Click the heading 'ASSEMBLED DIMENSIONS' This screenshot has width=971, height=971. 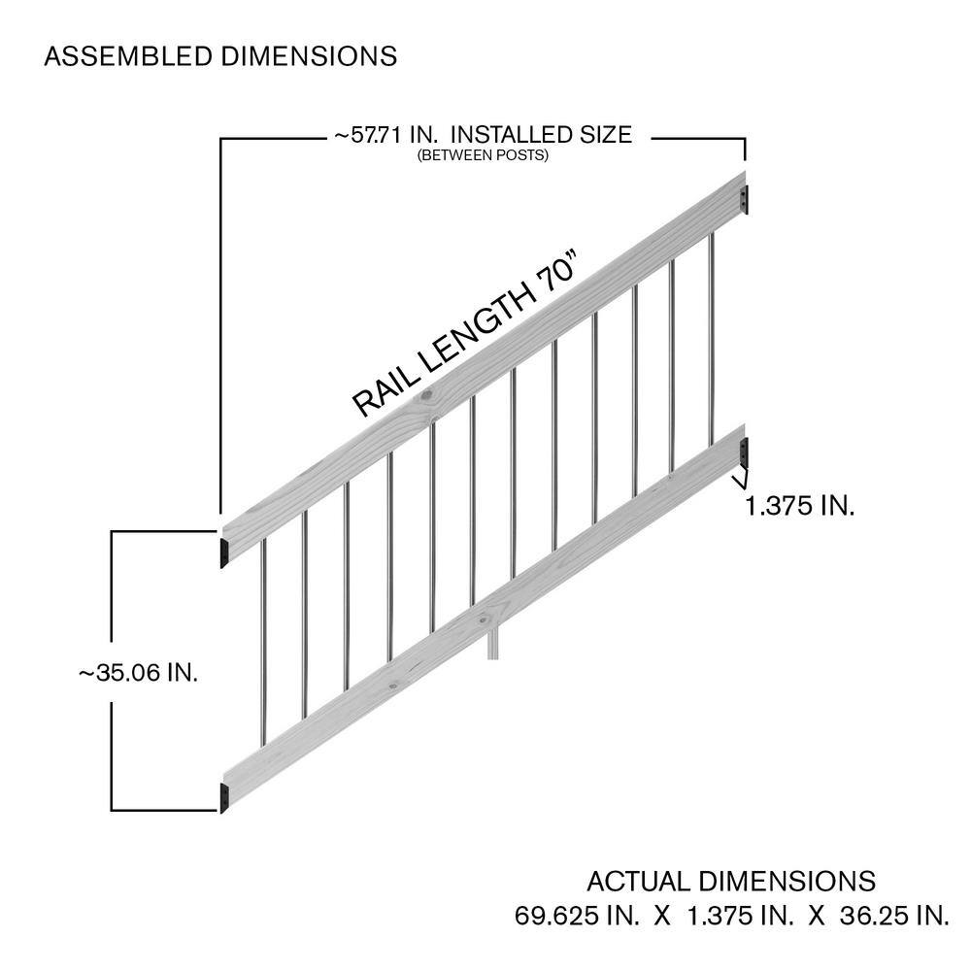click(220, 56)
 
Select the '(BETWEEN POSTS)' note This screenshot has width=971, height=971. click(483, 154)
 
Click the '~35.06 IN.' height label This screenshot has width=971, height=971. click(138, 673)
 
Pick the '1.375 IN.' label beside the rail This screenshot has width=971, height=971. click(799, 506)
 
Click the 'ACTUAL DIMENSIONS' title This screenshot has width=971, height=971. click(731, 881)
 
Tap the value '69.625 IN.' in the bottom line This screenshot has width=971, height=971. click(577, 916)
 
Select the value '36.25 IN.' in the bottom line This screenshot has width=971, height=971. click(894, 916)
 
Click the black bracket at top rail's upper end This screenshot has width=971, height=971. click(745, 199)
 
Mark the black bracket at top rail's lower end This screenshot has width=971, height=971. click(224, 552)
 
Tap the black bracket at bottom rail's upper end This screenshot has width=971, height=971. click(745, 452)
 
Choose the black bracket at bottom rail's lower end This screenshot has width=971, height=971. click(224, 797)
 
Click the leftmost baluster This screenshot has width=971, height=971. click(264, 641)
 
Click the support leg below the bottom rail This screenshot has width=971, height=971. click(493, 644)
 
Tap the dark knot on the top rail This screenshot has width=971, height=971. click(427, 395)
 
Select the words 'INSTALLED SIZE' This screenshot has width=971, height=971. click(541, 134)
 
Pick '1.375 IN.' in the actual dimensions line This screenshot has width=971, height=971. click(739, 916)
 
